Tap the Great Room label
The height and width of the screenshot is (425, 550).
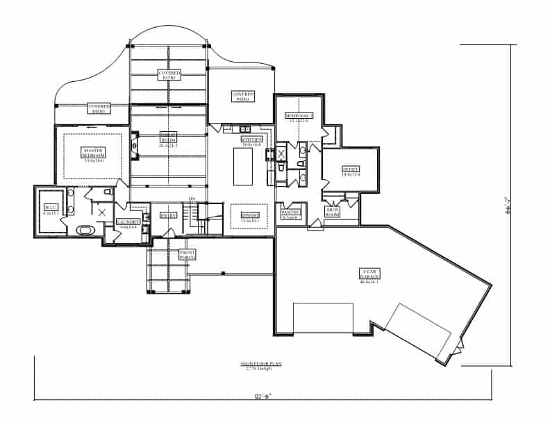point(168,140)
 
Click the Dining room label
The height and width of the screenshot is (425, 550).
point(249,216)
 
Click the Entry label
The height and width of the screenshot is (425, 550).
point(169,215)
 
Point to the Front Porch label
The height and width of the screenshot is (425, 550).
point(187,255)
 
